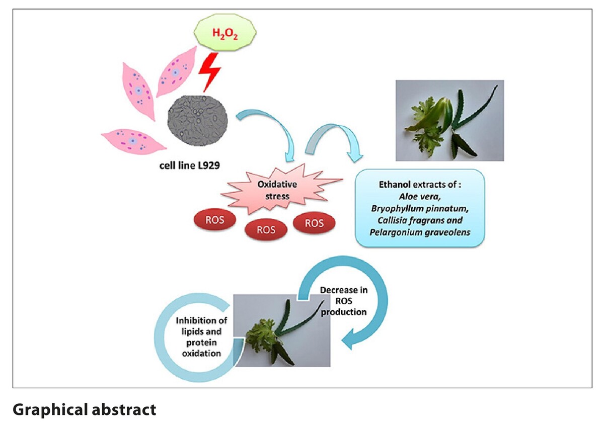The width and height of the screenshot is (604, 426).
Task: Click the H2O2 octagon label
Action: pyautogui.click(x=225, y=34)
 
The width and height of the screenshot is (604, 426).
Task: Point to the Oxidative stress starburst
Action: pyautogui.click(x=277, y=191)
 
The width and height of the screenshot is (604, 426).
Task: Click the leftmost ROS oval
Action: pyautogui.click(x=215, y=221)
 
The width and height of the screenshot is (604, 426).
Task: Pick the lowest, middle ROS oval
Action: pyautogui.click(x=266, y=230)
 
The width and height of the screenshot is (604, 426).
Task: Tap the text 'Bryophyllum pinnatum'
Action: pyautogui.click(x=420, y=207)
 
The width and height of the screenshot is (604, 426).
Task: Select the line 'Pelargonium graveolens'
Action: pyautogui.click(x=420, y=232)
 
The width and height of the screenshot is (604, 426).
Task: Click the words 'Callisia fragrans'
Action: pyautogui.click(x=420, y=220)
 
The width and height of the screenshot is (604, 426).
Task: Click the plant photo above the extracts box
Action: pyautogui.click(x=449, y=120)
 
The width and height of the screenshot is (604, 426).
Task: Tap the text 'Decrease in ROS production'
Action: pyautogui.click(x=344, y=301)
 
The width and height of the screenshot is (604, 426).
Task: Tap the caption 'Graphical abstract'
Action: pyautogui.click(x=85, y=409)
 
